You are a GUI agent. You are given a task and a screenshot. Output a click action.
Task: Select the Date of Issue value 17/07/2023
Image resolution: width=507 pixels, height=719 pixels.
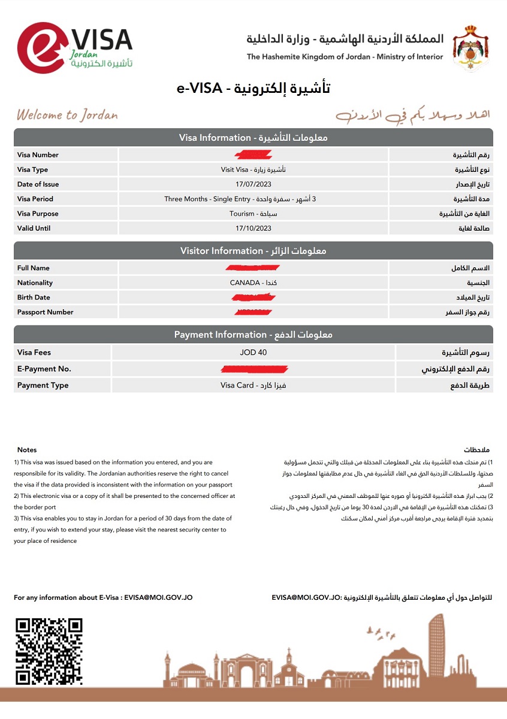(253, 185)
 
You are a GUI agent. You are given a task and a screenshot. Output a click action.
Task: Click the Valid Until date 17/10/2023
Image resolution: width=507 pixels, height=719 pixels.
(253, 228)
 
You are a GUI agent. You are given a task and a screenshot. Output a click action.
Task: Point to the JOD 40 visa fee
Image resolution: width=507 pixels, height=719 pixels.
(253, 352)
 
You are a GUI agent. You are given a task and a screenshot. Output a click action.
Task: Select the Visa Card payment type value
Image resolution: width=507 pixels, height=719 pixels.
(253, 385)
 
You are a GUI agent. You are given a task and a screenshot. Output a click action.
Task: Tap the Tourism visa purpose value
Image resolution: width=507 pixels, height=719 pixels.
(253, 214)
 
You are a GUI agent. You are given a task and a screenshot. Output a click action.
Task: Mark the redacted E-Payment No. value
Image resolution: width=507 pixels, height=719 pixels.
(253, 368)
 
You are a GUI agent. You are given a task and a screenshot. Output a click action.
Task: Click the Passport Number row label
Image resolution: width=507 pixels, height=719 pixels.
(46, 312)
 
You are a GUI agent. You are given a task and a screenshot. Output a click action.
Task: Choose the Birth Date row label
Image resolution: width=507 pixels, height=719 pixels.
(34, 297)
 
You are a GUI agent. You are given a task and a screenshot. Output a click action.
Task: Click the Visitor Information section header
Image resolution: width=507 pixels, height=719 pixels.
(253, 251)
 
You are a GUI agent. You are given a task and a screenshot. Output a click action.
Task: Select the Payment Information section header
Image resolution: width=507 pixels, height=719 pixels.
(253, 334)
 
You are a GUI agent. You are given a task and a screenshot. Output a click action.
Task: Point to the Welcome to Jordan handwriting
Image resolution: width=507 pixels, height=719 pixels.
(67, 115)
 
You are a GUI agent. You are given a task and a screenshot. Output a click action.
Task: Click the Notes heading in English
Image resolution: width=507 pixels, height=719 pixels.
(27, 449)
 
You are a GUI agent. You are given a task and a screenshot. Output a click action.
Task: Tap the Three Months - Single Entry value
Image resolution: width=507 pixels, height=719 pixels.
(253, 199)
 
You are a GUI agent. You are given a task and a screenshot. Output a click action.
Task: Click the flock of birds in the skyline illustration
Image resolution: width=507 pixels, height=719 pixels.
(381, 631)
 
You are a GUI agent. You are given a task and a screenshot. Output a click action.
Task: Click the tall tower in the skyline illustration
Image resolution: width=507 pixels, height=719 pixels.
(437, 647)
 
